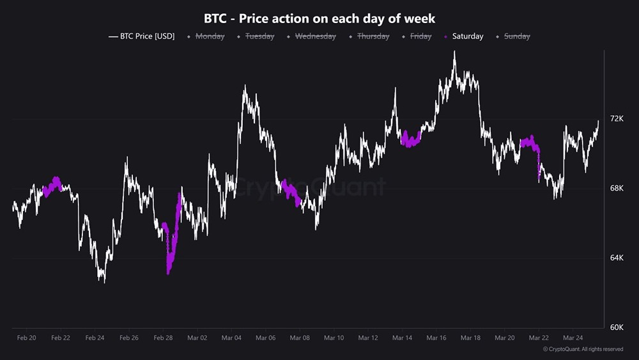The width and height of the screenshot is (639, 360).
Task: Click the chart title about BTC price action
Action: click(x=319, y=19)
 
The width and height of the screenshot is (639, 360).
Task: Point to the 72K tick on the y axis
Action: click(x=617, y=119)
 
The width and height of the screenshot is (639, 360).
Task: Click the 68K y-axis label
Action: click(x=617, y=188)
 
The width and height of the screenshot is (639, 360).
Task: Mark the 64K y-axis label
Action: click(x=617, y=258)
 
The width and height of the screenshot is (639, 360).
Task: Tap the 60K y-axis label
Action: click(x=617, y=327)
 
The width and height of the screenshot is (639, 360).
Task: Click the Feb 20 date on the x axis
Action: click(x=26, y=338)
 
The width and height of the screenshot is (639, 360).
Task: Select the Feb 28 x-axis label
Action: click(x=163, y=338)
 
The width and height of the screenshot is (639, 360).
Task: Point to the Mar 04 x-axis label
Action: click(x=231, y=338)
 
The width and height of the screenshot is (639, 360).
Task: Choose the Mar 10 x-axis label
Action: click(x=334, y=338)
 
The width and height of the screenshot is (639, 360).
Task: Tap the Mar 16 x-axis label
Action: click(x=436, y=338)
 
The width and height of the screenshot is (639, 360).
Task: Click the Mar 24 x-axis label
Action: click(x=573, y=338)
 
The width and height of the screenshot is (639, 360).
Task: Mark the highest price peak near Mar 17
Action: click(x=454, y=52)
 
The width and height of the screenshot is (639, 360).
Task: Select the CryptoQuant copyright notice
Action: click(x=583, y=349)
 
